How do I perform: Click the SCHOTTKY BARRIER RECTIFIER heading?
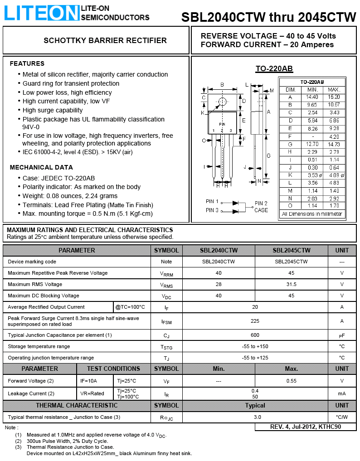point(105,40)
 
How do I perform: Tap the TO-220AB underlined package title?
point(274,69)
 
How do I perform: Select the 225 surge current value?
point(255,321)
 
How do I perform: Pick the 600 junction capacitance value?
point(255,335)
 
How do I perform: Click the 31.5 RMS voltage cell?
point(291,284)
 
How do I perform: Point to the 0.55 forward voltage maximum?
point(291,381)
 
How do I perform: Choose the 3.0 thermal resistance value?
point(257,417)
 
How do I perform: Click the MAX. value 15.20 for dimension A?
point(334,97)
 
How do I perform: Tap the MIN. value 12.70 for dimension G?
point(312,144)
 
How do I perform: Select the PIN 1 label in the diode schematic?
point(212,201)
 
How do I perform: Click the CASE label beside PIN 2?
point(261,210)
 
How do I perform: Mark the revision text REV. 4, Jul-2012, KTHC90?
point(306,427)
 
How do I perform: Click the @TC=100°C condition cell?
point(130,307)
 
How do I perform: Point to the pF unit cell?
point(342,335)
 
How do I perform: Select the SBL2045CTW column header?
point(291,250)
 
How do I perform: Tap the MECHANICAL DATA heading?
point(41,167)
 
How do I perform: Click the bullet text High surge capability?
point(53,110)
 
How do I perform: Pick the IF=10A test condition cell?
point(89,381)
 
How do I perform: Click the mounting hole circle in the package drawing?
point(222,102)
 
